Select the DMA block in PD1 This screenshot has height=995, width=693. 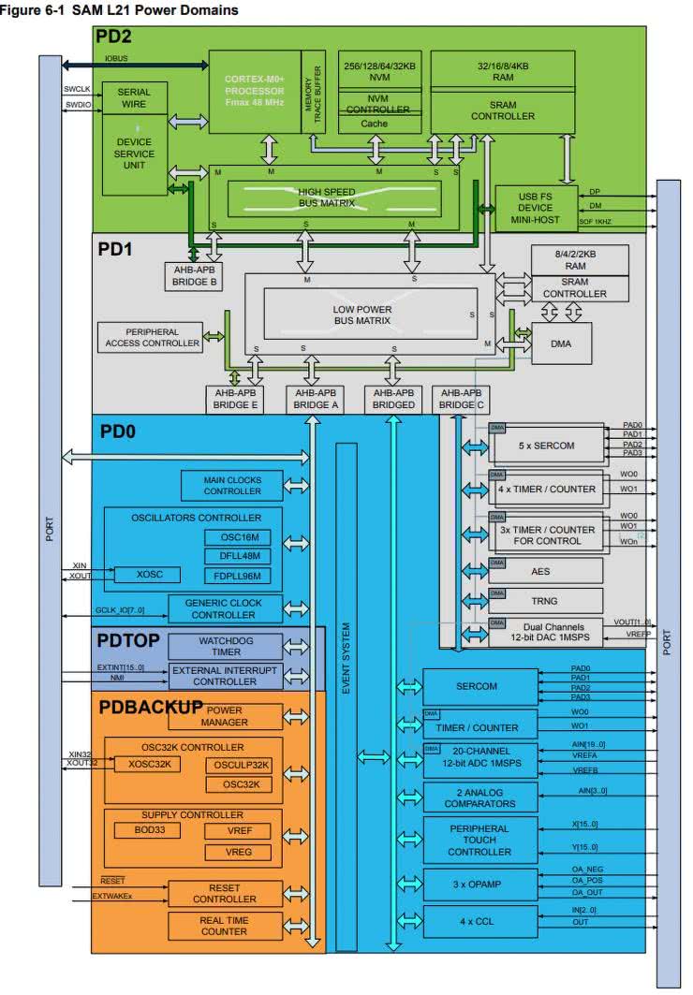click(x=561, y=344)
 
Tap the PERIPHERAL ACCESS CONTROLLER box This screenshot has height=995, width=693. click(x=151, y=338)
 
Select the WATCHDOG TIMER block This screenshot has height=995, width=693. click(x=225, y=646)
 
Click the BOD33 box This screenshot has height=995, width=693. click(x=140, y=830)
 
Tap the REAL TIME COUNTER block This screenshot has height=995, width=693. click(x=224, y=926)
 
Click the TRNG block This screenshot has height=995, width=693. click(x=544, y=601)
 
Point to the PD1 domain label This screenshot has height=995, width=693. click(x=117, y=250)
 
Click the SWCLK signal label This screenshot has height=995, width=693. click(x=77, y=89)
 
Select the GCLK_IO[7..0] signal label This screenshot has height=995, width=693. click(x=95, y=610)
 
